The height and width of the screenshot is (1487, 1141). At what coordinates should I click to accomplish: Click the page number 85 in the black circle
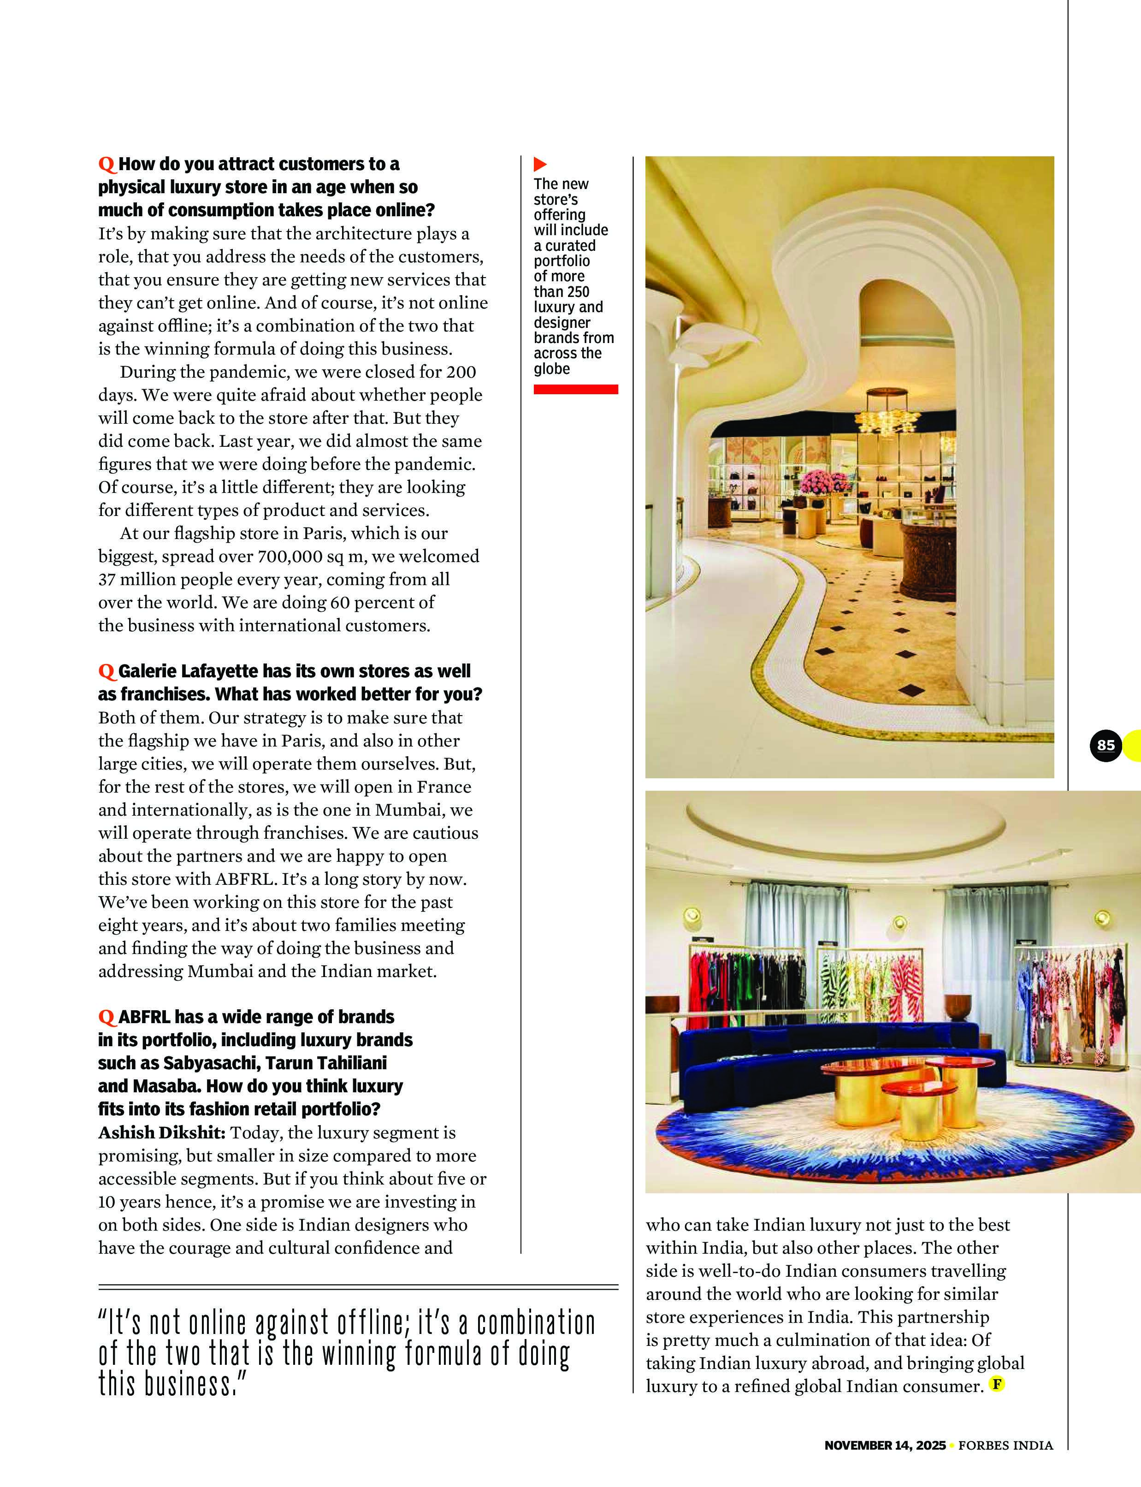tap(1106, 745)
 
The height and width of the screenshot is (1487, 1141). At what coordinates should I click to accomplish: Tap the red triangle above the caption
tap(540, 164)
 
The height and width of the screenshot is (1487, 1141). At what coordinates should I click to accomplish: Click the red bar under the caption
tap(575, 389)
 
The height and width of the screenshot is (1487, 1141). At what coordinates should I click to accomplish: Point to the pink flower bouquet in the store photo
tap(825, 482)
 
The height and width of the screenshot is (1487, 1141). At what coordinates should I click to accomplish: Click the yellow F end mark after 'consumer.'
tap(996, 1384)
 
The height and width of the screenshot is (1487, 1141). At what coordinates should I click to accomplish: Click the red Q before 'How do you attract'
tap(106, 165)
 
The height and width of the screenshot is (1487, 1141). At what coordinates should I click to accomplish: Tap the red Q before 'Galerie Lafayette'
tap(106, 672)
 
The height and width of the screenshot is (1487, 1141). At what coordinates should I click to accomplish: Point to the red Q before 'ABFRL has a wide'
tap(106, 1017)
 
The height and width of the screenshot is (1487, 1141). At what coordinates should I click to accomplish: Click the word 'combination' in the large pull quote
tap(535, 1324)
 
